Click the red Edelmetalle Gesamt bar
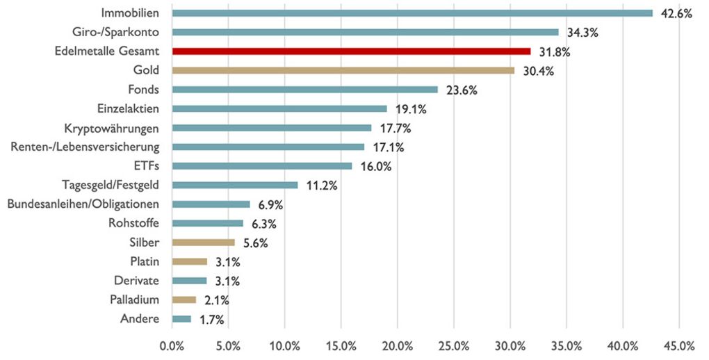pyautogui.click(x=351, y=51)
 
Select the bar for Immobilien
pyautogui.click(x=412, y=13)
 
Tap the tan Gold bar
pyautogui.click(x=343, y=70)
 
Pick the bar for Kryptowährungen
pyautogui.click(x=272, y=128)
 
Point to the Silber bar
pyautogui.click(x=203, y=243)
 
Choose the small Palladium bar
pyautogui.click(x=184, y=300)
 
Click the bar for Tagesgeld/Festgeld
pyautogui.click(x=235, y=185)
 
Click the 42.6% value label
pyautogui.click(x=676, y=13)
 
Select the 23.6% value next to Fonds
pyautogui.click(x=459, y=90)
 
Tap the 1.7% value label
pyautogui.click(x=211, y=320)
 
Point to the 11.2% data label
pyautogui.click(x=321, y=186)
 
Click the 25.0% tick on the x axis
pyautogui.click(x=453, y=346)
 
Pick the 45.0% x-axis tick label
pyautogui.click(x=679, y=346)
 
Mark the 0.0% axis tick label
pyautogui.click(x=172, y=346)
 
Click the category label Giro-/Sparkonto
pyautogui.click(x=115, y=32)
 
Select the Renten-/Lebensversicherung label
pyautogui.click(x=85, y=147)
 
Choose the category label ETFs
pyautogui.click(x=146, y=166)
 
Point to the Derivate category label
pyautogui.click(x=136, y=281)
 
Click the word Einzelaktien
pyautogui.click(x=129, y=108)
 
